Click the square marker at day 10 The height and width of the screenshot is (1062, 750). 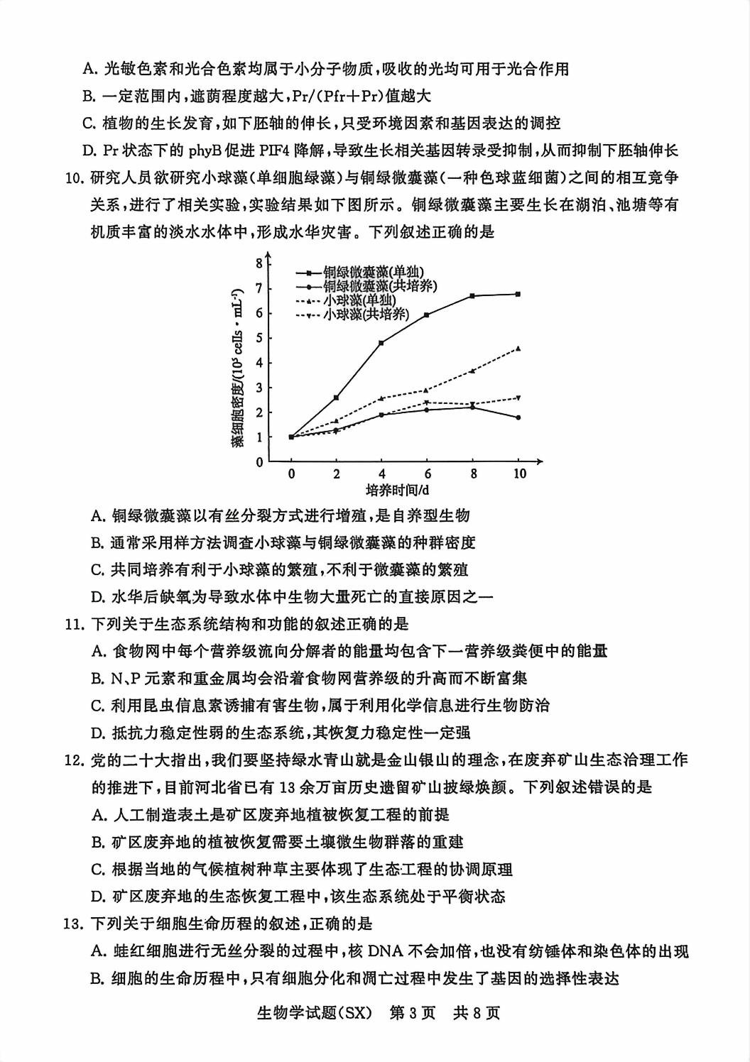pyautogui.click(x=518, y=294)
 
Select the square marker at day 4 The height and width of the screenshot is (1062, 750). pyautogui.click(x=381, y=343)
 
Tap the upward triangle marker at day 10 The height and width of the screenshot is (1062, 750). pyautogui.click(x=518, y=349)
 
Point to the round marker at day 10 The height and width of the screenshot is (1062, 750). pyautogui.click(x=518, y=417)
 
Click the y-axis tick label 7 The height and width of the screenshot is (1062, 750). pyautogui.click(x=260, y=288)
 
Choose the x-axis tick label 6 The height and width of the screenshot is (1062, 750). pyautogui.click(x=427, y=473)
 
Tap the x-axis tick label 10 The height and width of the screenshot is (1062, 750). pyautogui.click(x=519, y=473)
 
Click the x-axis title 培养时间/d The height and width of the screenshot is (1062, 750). pyautogui.click(x=398, y=491)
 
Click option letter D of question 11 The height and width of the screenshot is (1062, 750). pyautogui.click(x=98, y=733)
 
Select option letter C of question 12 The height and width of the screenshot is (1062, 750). pyautogui.click(x=98, y=869)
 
